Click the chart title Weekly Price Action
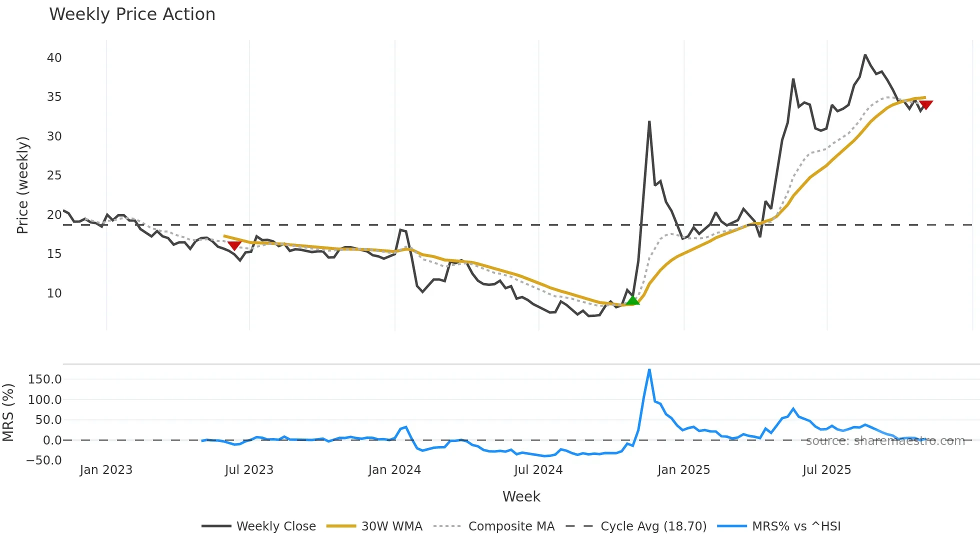tap(132, 14)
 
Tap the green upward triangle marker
tap(632, 300)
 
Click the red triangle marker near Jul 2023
tap(234, 245)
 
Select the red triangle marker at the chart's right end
tap(925, 105)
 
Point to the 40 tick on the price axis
tap(54, 58)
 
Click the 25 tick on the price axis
tap(54, 175)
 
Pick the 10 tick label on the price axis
tap(54, 293)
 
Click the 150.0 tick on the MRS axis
tap(45, 379)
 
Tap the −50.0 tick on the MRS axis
tap(44, 460)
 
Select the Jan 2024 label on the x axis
tap(394, 470)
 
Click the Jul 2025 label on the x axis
tap(826, 470)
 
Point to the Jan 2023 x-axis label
tap(106, 470)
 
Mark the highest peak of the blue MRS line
tap(649, 370)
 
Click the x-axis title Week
tap(521, 496)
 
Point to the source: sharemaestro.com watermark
tap(885, 441)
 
